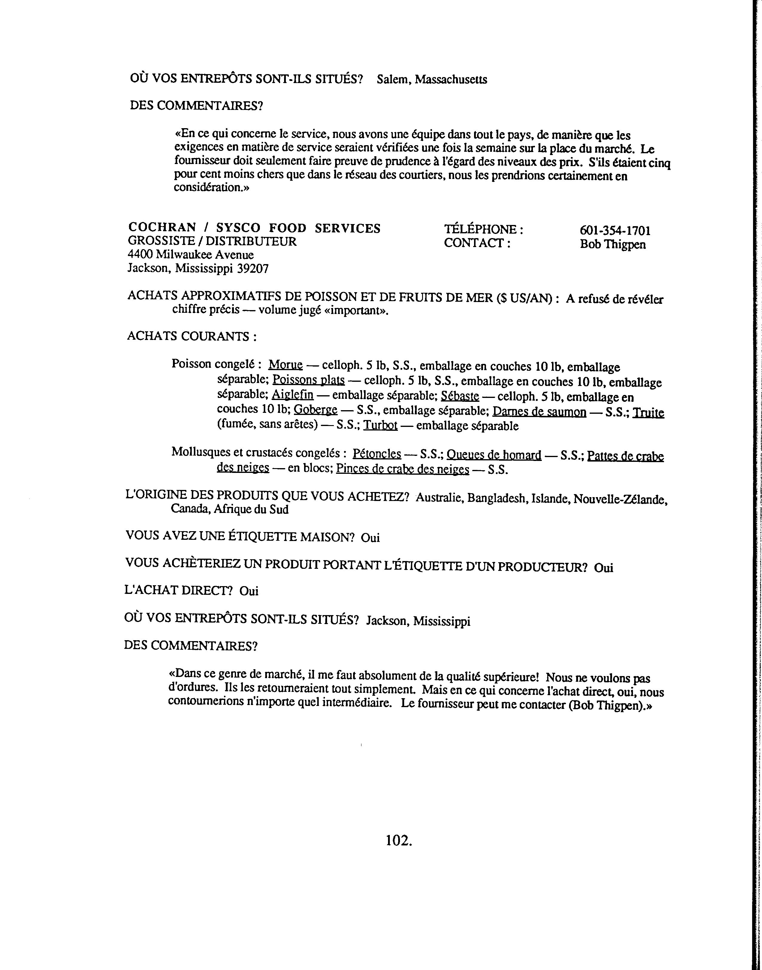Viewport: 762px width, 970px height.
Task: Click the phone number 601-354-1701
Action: click(x=615, y=231)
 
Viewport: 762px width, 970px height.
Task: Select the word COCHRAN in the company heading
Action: click(x=162, y=228)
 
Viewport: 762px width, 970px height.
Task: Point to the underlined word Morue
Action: click(x=286, y=365)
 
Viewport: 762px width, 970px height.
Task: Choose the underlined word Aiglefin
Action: click(x=293, y=395)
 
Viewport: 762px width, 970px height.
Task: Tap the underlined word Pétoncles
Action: click(x=377, y=454)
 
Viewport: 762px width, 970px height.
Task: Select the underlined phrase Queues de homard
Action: click(x=494, y=455)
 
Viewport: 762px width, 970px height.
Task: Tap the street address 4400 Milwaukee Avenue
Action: click(x=191, y=255)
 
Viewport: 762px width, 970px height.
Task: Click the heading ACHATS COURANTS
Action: click(x=192, y=336)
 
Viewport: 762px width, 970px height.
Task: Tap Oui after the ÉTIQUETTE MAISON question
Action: click(x=370, y=538)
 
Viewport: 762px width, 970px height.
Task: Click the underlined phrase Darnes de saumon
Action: click(x=539, y=412)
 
